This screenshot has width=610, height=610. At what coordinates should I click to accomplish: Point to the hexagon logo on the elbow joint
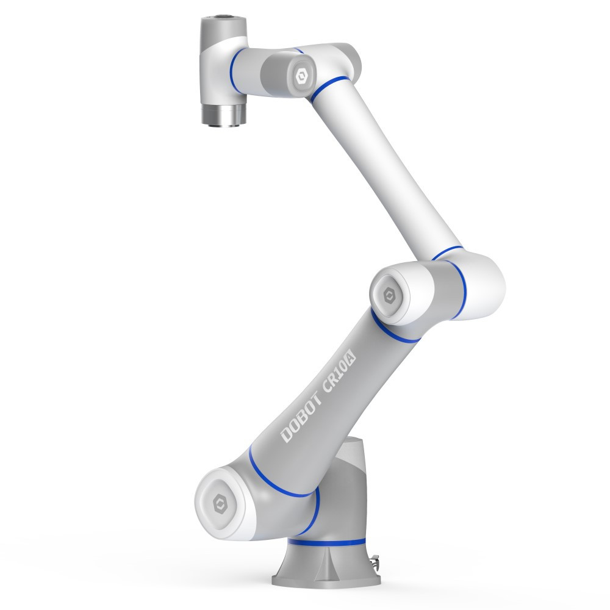[389, 296]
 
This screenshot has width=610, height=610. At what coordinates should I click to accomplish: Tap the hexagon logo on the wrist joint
[301, 76]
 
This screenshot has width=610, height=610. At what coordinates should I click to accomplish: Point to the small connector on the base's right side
[375, 561]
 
